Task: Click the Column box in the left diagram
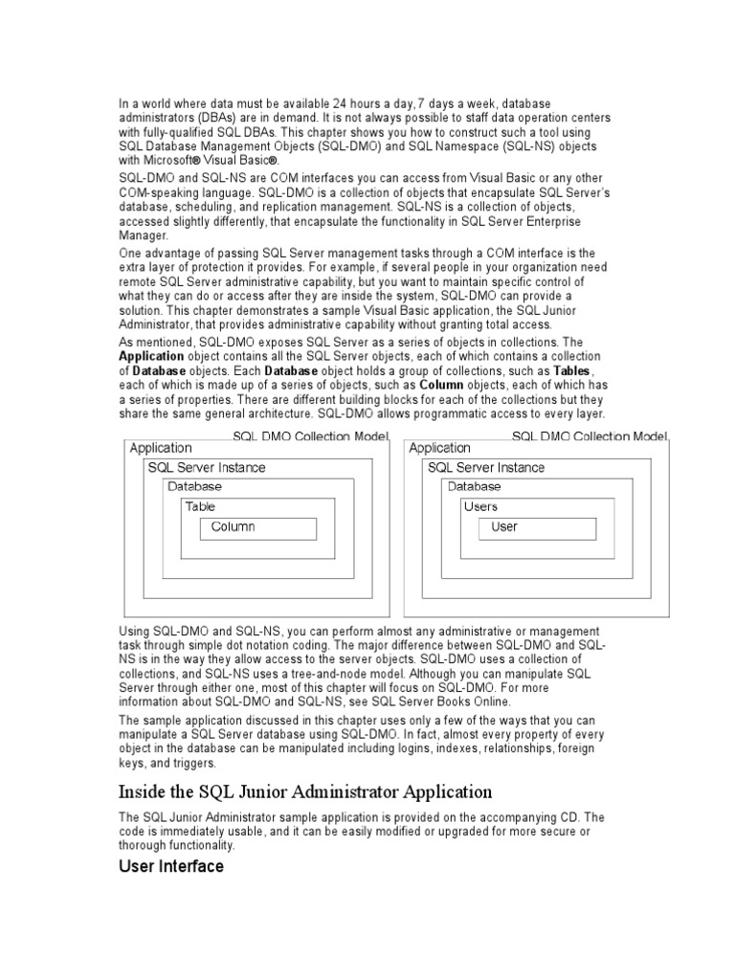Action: [x=257, y=528]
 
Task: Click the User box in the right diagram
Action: [x=537, y=528]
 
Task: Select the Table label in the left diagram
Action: [x=200, y=506]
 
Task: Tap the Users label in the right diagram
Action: [x=479, y=506]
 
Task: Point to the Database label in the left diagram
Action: [x=193, y=486]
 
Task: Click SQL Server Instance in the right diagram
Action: [x=485, y=467]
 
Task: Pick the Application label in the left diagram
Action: [x=160, y=448]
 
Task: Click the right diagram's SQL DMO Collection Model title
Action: [x=590, y=436]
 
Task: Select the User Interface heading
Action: [x=170, y=867]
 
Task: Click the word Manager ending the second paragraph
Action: [x=143, y=234]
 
